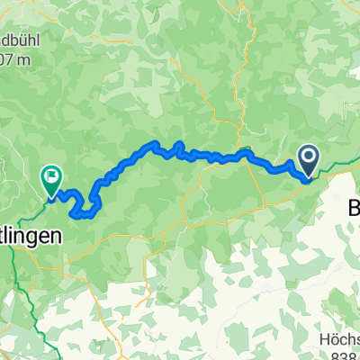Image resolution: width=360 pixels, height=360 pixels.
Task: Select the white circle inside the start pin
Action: point(308,158)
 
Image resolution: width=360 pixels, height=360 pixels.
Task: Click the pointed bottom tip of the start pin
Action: point(308,178)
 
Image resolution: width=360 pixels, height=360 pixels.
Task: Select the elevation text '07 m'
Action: point(17,61)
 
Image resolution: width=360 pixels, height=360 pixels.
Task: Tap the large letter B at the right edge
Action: point(353,207)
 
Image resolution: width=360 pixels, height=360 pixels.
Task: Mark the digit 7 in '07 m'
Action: point(13,61)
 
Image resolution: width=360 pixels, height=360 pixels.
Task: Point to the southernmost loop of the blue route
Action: point(86,213)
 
